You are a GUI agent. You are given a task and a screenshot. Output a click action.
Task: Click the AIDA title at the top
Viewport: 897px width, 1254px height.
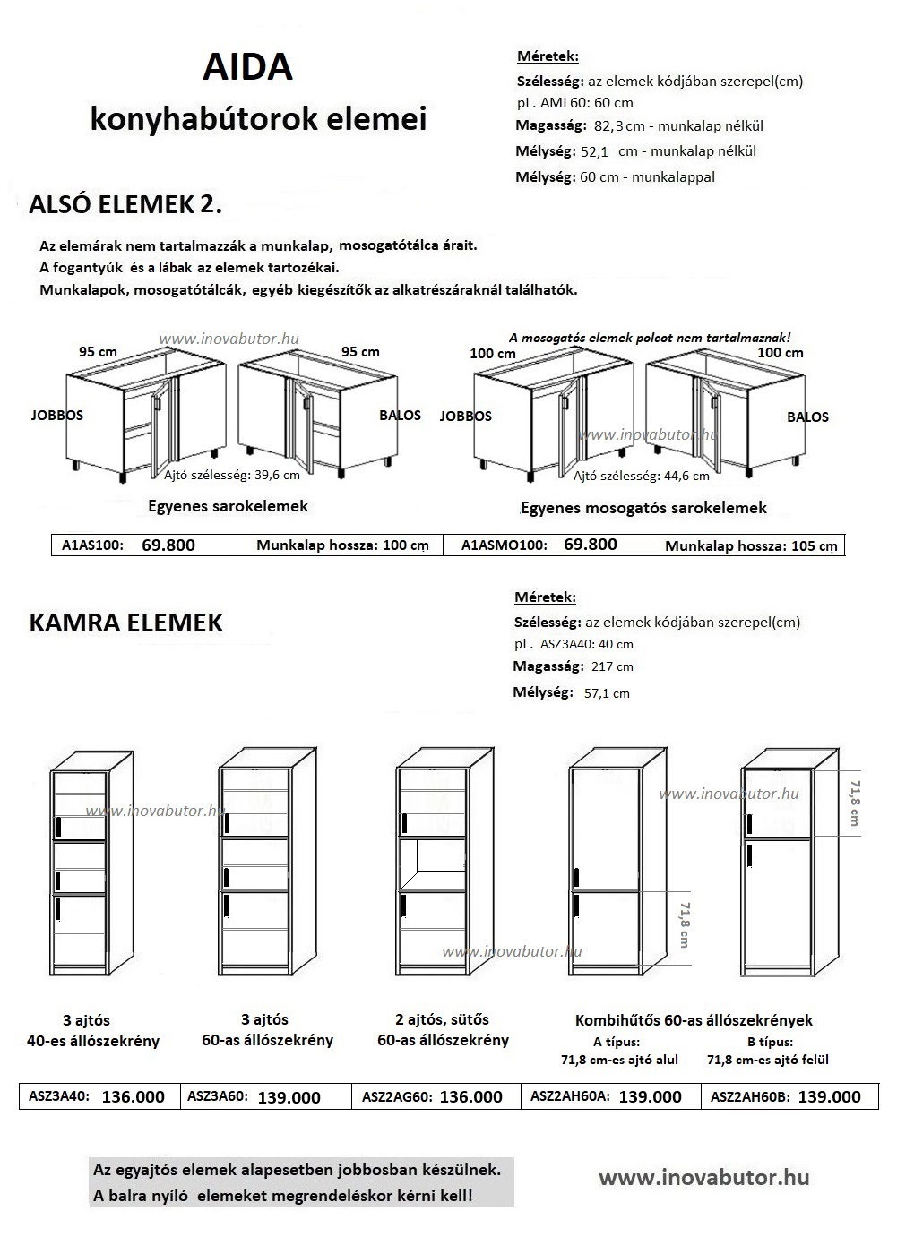click(247, 67)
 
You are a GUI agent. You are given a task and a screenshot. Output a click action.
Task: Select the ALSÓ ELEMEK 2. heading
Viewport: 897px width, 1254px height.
click(125, 204)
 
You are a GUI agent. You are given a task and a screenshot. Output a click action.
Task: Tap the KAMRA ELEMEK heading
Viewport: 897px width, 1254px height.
click(126, 623)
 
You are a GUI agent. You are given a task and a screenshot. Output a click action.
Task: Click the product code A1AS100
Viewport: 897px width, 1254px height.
click(92, 545)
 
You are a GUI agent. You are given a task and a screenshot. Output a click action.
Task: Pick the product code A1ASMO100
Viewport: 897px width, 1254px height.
click(504, 545)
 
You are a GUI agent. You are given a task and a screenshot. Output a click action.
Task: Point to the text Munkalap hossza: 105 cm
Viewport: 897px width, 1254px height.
click(751, 545)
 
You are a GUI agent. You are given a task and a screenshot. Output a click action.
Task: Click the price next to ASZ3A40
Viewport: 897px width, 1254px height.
click(134, 1096)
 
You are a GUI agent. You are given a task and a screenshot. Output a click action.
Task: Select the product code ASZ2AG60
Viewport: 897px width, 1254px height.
click(397, 1096)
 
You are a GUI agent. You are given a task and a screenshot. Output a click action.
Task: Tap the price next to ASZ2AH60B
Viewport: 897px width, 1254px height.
click(829, 1096)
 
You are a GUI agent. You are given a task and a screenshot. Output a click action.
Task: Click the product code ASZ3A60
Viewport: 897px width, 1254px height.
click(218, 1096)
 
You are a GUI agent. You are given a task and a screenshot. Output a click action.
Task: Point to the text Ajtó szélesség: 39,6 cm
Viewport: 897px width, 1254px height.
click(232, 476)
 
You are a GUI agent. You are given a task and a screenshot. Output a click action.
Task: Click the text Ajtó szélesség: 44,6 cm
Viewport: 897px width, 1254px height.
click(641, 476)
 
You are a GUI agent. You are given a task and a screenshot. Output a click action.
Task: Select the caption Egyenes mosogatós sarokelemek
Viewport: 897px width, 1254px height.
click(644, 508)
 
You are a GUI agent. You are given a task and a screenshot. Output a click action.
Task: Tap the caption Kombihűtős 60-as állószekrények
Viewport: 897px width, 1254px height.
click(694, 1020)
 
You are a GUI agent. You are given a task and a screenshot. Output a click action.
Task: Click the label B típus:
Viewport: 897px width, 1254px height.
click(770, 1042)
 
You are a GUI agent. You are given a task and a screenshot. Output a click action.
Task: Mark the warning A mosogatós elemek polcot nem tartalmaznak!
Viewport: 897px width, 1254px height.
click(650, 338)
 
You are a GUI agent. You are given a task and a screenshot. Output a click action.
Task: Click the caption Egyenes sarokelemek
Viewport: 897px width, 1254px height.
click(228, 506)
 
